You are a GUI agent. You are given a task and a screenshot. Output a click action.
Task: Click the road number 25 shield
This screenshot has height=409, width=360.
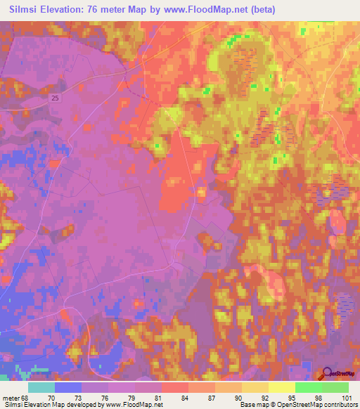pos(56,100)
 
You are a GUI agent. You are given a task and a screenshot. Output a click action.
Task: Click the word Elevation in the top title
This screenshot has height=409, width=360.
pos(75,10)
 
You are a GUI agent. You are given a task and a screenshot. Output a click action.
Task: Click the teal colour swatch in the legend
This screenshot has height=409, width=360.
pos(41,387)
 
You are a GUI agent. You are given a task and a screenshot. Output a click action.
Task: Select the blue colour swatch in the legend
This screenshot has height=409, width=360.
pos(67,387)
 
